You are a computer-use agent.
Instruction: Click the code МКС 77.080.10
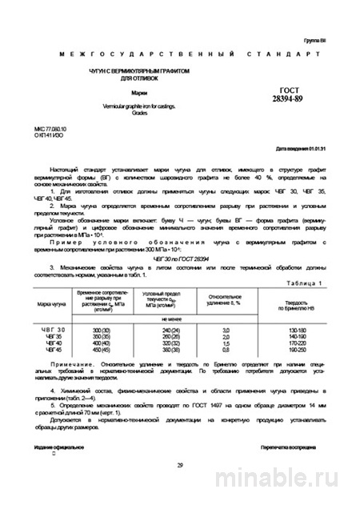(52, 126)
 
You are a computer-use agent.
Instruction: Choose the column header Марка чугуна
(52, 305)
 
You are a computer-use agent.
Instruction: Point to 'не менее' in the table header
(160, 319)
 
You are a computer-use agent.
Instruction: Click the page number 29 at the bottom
(180, 464)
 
